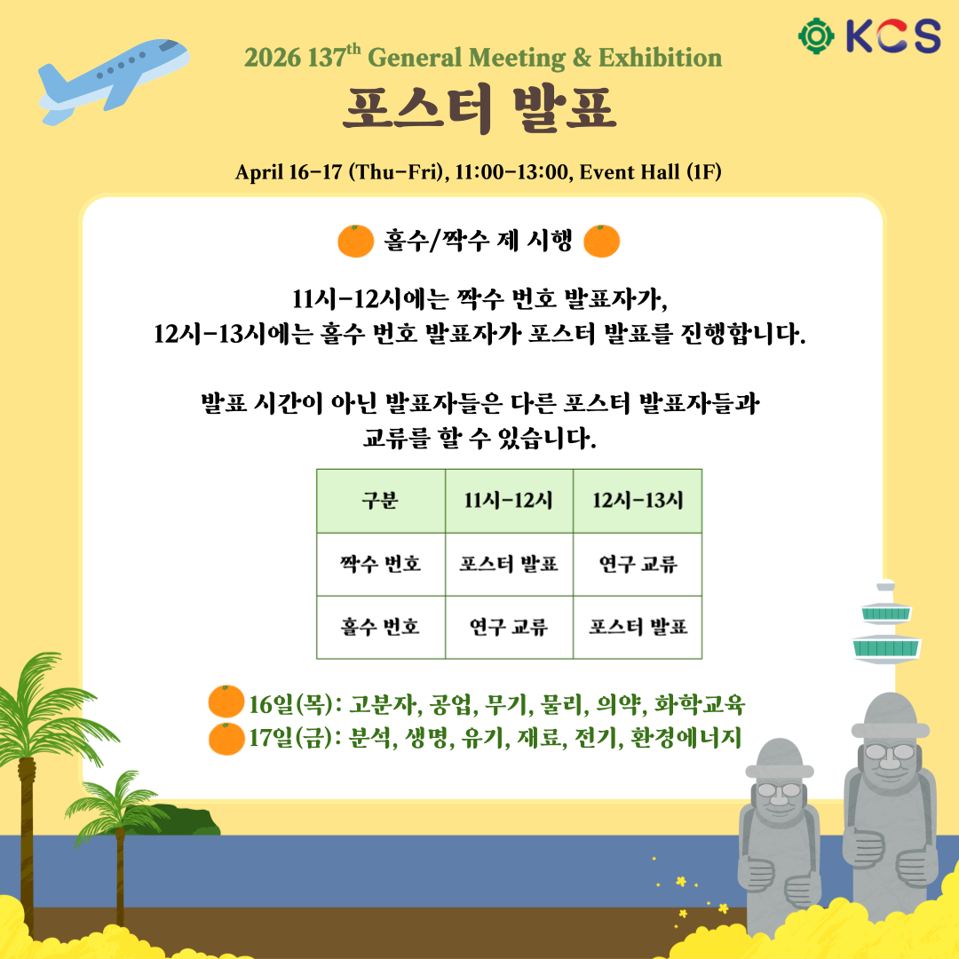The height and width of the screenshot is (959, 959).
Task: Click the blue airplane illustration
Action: pyautogui.click(x=113, y=82)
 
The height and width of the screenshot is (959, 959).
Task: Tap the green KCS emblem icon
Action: pyautogui.click(x=817, y=36)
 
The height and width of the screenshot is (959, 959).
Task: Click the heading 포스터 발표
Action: pyautogui.click(x=479, y=109)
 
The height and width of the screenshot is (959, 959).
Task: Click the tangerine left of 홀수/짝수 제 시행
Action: pyautogui.click(x=355, y=241)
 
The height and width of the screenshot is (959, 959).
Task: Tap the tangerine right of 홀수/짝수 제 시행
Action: pyautogui.click(x=602, y=241)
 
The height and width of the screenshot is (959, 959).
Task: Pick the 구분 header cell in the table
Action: pyautogui.click(x=380, y=501)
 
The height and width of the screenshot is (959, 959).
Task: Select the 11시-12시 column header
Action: pyautogui.click(x=509, y=501)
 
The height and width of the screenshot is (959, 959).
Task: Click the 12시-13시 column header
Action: pyautogui.click(x=638, y=501)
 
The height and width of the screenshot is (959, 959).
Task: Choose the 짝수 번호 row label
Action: pyautogui.click(x=380, y=564)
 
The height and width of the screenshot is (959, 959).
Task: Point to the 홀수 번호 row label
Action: pyautogui.click(x=380, y=627)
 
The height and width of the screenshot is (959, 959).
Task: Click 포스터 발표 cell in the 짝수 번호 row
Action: pyautogui.click(x=509, y=564)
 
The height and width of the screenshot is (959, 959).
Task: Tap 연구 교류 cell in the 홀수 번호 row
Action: pyautogui.click(x=509, y=627)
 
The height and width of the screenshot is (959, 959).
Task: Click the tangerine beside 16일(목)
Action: pyautogui.click(x=226, y=701)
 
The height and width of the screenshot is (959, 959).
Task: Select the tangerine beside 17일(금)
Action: pyautogui.click(x=226, y=739)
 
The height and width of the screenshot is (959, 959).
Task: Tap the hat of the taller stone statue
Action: pyautogui.click(x=891, y=717)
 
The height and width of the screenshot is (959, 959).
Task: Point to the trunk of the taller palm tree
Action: pyautogui.click(x=27, y=844)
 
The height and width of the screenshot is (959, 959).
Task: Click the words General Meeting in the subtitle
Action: pyautogui.click(x=467, y=58)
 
